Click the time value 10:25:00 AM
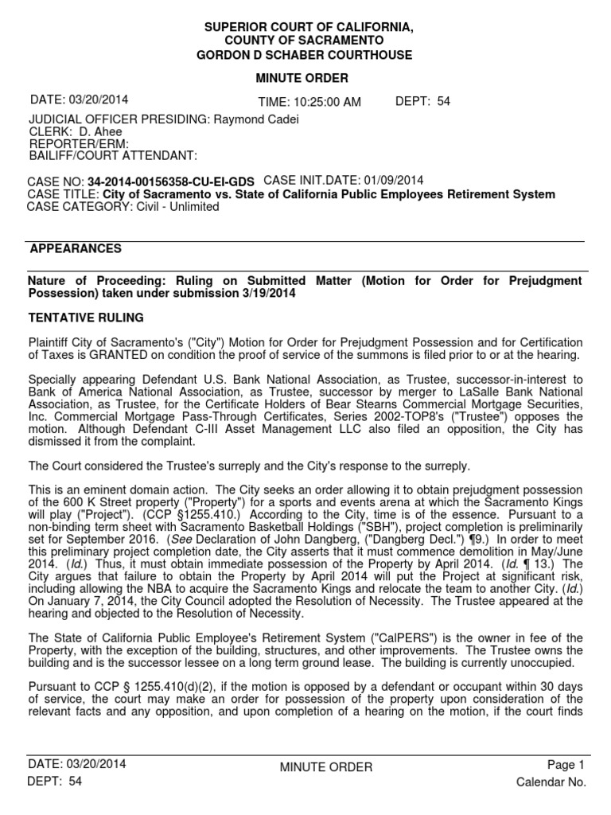(x=309, y=102)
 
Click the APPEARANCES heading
(x=76, y=249)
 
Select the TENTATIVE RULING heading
(x=86, y=318)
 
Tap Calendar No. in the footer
(x=551, y=782)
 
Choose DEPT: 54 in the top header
(x=422, y=101)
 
